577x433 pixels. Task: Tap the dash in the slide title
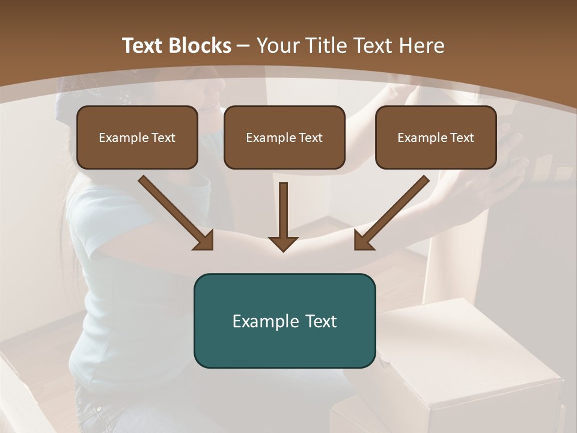[243, 46]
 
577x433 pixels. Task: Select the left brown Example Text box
[137, 137]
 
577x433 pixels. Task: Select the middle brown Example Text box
[284, 137]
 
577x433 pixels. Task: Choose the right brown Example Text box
[436, 137]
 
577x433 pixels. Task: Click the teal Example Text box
[284, 321]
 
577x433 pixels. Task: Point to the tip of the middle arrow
[284, 249]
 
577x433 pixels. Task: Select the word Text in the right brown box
[462, 138]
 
